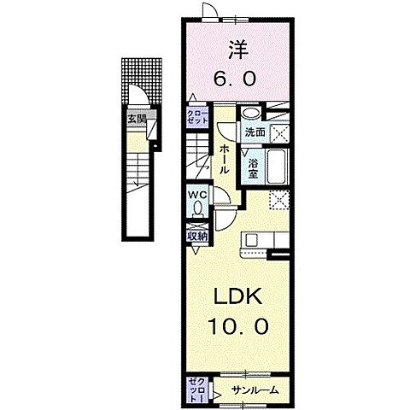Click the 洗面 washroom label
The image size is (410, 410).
[254, 133]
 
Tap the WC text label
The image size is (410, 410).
[197, 193]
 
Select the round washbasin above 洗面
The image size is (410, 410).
[249, 114]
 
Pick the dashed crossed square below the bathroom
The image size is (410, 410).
[279, 200]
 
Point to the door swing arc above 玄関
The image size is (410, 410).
[136, 96]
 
